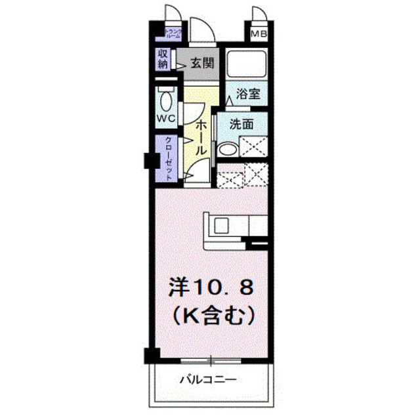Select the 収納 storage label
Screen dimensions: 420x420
pyautogui.click(x=163, y=59)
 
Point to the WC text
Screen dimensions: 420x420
pyautogui.click(x=165, y=118)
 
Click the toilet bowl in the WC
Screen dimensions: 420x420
pyautogui.click(x=166, y=102)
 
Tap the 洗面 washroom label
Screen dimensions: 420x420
pyautogui.click(x=241, y=123)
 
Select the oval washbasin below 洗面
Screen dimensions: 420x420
pyautogui.click(x=227, y=150)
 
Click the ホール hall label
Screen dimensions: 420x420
pyautogui.click(x=202, y=135)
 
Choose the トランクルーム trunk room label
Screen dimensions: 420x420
pyautogui.click(x=173, y=33)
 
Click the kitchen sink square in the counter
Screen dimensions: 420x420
pyautogui.click(x=221, y=224)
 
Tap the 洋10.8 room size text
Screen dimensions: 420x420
pyautogui.click(x=211, y=288)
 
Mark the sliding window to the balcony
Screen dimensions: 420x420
pyautogui.click(x=211, y=360)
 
